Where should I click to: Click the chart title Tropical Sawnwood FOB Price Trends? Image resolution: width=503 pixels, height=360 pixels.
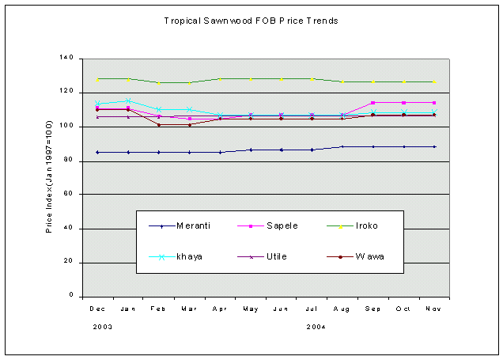point(251,21)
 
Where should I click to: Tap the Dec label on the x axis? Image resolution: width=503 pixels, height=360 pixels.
point(97,309)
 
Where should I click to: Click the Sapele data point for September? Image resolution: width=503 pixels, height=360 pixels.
point(373,103)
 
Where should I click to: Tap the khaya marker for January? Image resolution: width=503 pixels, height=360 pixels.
point(128,100)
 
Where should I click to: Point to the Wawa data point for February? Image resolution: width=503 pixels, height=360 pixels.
point(159,125)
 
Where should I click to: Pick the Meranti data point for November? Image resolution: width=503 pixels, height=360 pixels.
point(434,146)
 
